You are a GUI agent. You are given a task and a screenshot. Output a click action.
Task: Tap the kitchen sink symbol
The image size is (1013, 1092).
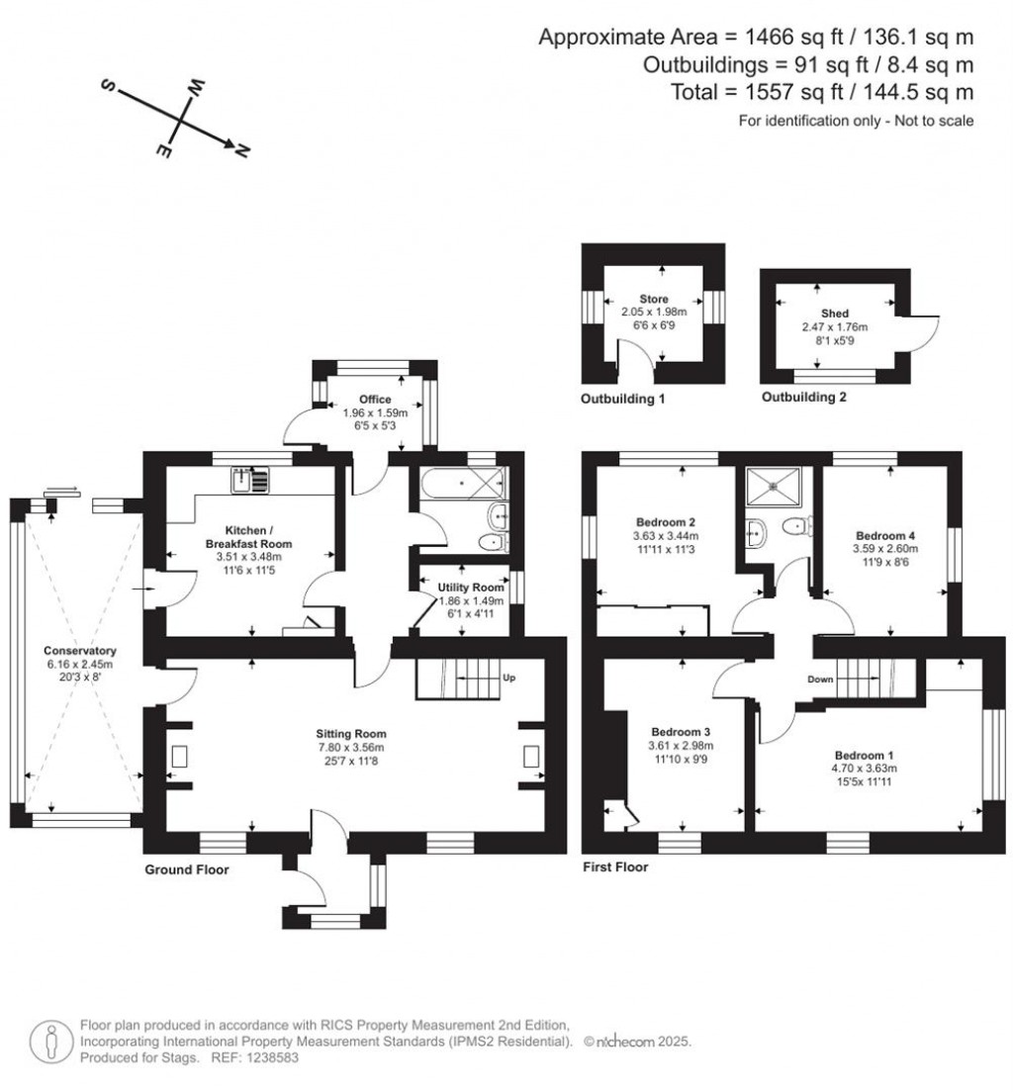click(249, 481)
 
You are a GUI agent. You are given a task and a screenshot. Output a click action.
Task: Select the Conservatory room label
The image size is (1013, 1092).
click(80, 651)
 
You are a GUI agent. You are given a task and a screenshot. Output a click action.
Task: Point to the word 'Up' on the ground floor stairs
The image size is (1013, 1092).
click(509, 679)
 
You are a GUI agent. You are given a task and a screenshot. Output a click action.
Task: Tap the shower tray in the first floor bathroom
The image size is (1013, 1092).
click(778, 481)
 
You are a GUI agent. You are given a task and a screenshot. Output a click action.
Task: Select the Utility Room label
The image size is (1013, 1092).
click(471, 588)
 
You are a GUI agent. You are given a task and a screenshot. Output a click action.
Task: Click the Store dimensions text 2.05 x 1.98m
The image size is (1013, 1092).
click(653, 311)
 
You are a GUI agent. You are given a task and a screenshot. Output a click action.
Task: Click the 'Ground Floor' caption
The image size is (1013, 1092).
click(187, 870)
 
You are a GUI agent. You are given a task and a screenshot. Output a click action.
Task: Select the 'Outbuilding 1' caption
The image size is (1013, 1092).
click(622, 400)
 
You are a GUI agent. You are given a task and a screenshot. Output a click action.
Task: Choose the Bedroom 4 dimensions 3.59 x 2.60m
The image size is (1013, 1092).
click(886, 549)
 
